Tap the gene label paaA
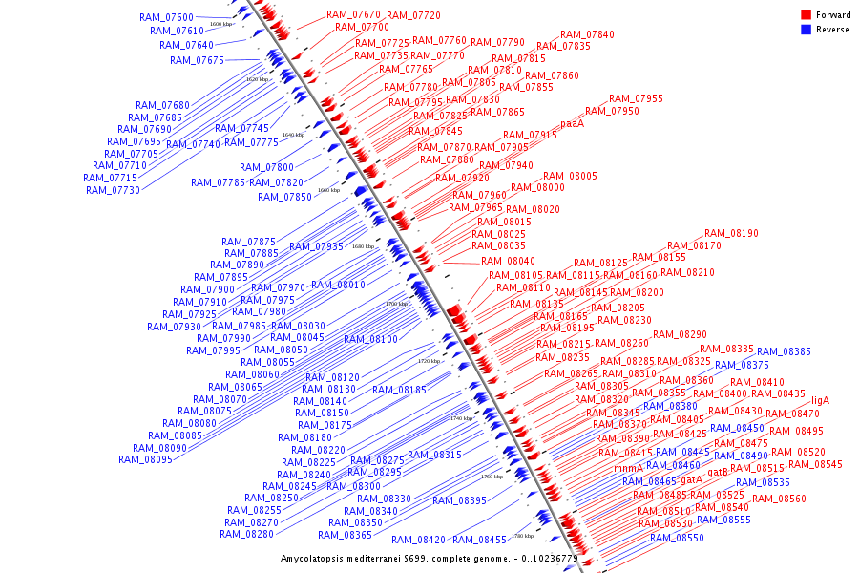(x=572, y=123)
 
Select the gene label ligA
(x=820, y=400)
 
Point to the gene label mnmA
(x=628, y=468)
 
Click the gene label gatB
(x=718, y=471)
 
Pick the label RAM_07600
(x=165, y=17)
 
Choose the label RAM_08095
(x=145, y=459)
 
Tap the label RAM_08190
(x=731, y=233)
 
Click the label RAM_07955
(x=636, y=98)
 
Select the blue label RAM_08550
(x=677, y=538)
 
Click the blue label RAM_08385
(x=784, y=351)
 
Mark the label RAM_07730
(x=113, y=190)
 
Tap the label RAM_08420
(x=418, y=540)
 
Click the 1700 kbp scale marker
(x=396, y=304)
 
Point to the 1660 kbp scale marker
(x=327, y=190)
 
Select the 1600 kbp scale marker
(x=220, y=24)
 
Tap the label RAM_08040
(x=508, y=261)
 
